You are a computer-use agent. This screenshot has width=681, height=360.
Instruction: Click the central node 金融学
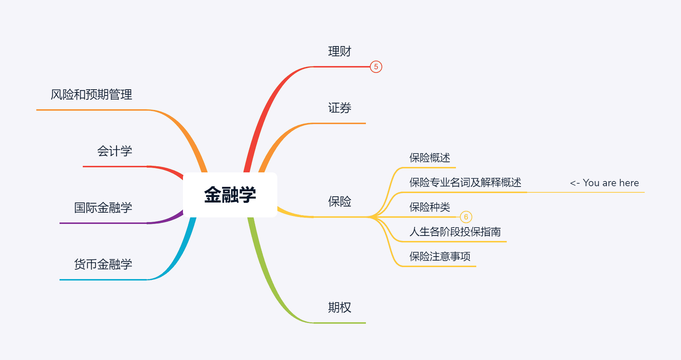click(x=230, y=195)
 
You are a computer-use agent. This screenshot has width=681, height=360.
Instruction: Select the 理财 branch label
click(x=339, y=52)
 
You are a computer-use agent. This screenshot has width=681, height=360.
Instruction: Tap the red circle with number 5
click(x=376, y=67)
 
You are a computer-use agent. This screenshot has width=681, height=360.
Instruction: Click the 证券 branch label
click(x=339, y=108)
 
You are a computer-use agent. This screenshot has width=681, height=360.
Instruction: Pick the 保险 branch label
click(x=339, y=201)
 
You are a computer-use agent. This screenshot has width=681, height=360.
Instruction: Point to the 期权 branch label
click(x=339, y=307)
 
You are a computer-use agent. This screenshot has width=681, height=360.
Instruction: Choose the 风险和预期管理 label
click(x=91, y=95)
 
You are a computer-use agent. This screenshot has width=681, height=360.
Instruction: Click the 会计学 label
click(x=114, y=151)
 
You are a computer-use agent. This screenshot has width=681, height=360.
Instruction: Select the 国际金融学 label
click(x=103, y=208)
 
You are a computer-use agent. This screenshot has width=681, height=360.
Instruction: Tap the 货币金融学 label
click(x=103, y=264)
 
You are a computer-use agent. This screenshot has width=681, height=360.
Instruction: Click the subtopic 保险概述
click(x=429, y=158)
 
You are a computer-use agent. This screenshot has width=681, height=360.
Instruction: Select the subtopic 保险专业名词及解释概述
click(x=465, y=182)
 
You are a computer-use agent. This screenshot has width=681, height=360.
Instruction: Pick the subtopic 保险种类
click(x=429, y=207)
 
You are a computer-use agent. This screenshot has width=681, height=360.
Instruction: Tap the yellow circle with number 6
click(x=466, y=217)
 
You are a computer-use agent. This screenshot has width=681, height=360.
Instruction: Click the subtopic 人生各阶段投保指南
click(x=455, y=232)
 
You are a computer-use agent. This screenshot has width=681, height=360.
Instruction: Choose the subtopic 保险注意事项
click(x=440, y=257)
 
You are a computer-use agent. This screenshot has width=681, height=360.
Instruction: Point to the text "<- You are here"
click(x=604, y=183)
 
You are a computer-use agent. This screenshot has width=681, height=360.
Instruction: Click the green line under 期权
click(x=339, y=323)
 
